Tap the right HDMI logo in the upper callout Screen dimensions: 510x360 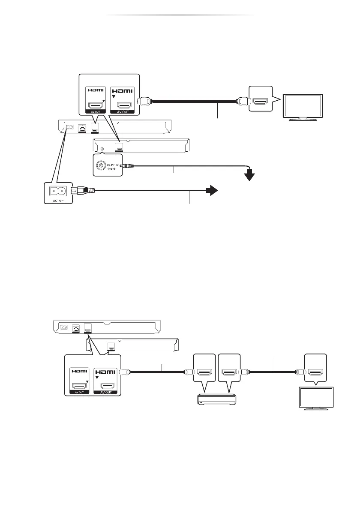pos(123,91)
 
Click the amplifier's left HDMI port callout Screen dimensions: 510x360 pos(205,366)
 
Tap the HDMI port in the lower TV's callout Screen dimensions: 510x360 pos(315,366)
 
